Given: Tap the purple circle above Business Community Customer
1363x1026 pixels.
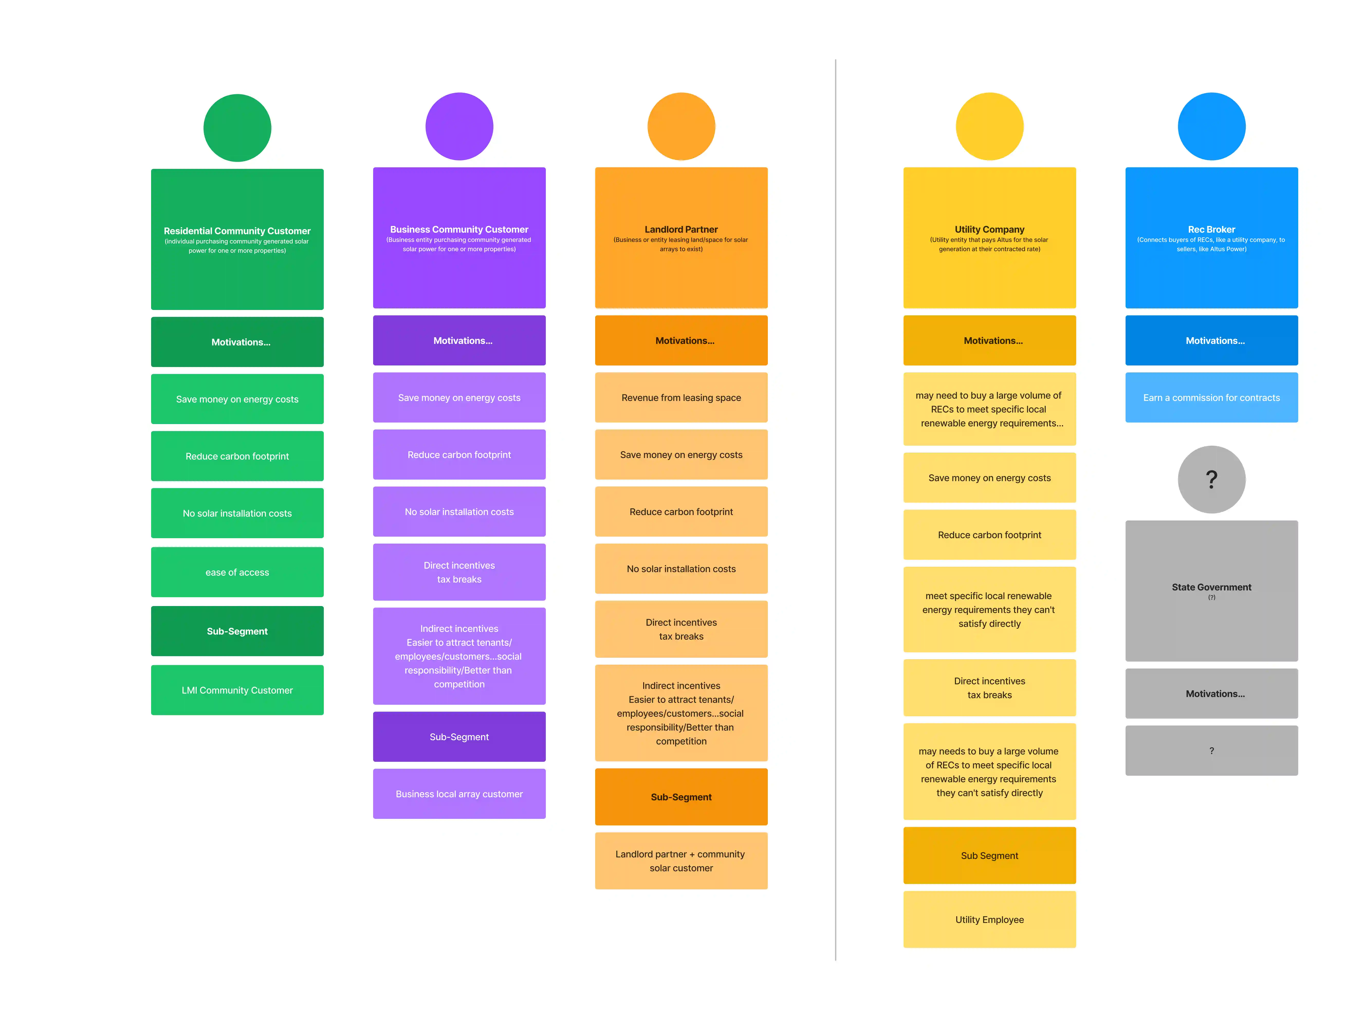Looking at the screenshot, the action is pyautogui.click(x=459, y=126).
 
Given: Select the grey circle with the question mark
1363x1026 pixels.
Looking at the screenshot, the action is pyautogui.click(x=1211, y=479).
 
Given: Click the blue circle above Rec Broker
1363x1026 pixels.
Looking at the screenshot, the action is pyautogui.click(x=1211, y=126).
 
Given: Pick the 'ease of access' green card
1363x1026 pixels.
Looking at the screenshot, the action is pyautogui.click(x=237, y=572).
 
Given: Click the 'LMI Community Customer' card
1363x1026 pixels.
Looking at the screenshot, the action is pyautogui.click(x=237, y=690).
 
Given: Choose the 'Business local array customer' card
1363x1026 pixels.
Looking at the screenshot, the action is pyautogui.click(x=459, y=794).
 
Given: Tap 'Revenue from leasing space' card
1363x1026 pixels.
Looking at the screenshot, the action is pyautogui.click(x=681, y=397).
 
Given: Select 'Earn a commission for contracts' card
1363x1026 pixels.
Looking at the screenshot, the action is pyautogui.click(x=1211, y=397).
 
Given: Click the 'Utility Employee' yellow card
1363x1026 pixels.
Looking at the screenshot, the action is pyautogui.click(x=990, y=919).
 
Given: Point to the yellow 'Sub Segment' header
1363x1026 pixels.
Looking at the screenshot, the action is pyautogui.click(x=990, y=855).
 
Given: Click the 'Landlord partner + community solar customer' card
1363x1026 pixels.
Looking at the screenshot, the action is pyautogui.click(x=681, y=861).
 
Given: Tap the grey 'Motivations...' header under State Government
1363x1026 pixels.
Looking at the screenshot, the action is pyautogui.click(x=1211, y=693).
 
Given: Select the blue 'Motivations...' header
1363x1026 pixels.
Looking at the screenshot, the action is pyautogui.click(x=1211, y=340).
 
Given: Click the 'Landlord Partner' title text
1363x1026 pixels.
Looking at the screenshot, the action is pyautogui.click(x=681, y=229).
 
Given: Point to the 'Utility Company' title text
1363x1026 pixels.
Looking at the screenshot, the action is pyautogui.click(x=990, y=229).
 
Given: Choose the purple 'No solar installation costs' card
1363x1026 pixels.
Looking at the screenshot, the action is pyautogui.click(x=459, y=511).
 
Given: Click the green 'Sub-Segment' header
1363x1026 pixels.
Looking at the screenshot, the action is pyautogui.click(x=237, y=631).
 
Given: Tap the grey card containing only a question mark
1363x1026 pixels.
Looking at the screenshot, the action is pyautogui.click(x=1211, y=750).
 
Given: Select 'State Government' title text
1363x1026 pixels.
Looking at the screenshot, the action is pyautogui.click(x=1211, y=587).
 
